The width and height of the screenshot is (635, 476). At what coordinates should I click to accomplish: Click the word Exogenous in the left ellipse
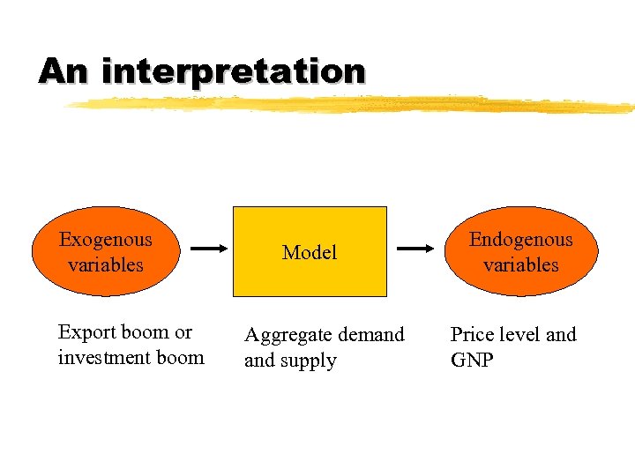coord(105,240)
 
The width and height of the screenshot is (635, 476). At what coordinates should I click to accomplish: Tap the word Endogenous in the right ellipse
coord(520,240)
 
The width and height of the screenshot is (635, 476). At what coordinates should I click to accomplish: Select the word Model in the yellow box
coord(310,252)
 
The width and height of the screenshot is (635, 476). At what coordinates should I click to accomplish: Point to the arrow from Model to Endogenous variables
coord(415,249)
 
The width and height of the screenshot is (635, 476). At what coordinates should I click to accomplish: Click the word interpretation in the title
coord(233,71)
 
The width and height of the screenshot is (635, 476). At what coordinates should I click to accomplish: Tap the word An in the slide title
coord(63,71)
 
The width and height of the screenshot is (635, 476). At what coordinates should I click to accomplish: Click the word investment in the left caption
coord(101,358)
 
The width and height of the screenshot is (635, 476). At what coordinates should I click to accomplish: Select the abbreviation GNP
coord(472,361)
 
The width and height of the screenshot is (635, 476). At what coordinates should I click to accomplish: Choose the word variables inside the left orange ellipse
coord(105,264)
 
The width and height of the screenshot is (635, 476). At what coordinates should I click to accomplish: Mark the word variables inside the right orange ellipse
coord(520,264)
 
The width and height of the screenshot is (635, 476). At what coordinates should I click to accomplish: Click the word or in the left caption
coord(183,332)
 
